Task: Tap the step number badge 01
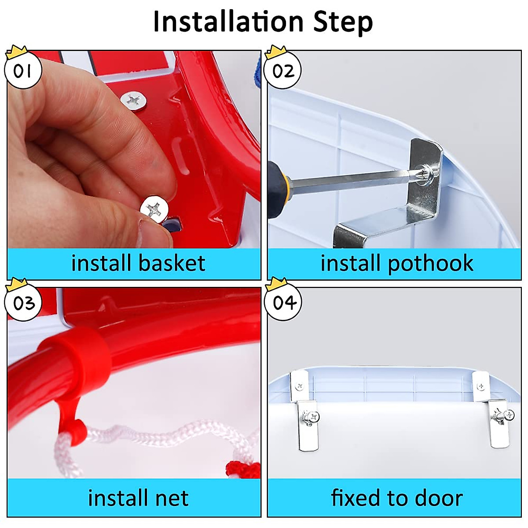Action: (22, 70)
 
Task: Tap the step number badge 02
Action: (283, 70)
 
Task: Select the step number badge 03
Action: (23, 303)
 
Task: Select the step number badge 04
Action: (284, 303)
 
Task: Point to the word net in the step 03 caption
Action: (171, 498)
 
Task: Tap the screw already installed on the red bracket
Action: (133, 100)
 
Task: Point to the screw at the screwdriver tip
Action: (427, 173)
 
